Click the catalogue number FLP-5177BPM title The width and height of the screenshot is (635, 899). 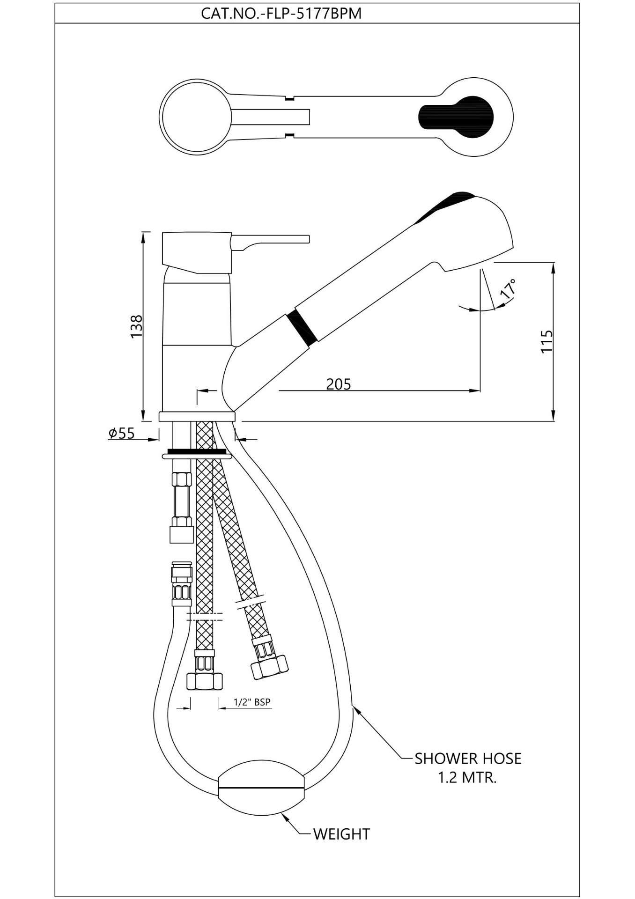coord(281,13)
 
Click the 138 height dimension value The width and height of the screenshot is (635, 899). coord(136,326)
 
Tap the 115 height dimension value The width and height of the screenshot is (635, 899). coord(546,341)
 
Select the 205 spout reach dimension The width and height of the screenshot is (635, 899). coord(338,384)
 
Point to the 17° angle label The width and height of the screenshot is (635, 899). coord(508,288)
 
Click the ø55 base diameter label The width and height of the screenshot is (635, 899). coord(121,433)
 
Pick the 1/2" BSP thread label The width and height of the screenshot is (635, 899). coord(252,702)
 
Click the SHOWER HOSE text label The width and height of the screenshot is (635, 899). coord(467,759)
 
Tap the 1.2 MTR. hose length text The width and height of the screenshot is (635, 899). coord(467,778)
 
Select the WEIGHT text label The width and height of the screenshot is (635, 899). coord(341,834)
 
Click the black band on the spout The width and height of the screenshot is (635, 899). coord(303,327)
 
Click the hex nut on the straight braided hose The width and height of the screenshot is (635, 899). coord(205,681)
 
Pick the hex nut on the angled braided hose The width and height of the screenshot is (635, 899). coord(269,667)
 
